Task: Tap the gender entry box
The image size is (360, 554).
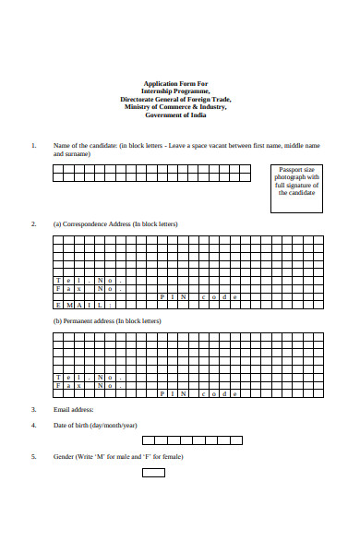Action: coord(153,473)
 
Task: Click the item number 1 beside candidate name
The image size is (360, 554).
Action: coord(33,146)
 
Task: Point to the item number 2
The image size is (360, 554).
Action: coord(33,224)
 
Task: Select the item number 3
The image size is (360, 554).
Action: coord(33,409)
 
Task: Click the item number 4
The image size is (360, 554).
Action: coord(33,426)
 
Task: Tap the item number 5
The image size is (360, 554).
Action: coord(33,457)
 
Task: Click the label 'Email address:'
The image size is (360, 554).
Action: coord(74,409)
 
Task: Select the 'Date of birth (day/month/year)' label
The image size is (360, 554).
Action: coord(95,426)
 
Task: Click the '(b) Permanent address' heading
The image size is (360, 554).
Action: coord(94,321)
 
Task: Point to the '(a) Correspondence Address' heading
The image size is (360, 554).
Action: coord(115,224)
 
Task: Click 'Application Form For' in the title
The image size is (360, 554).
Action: coord(175,83)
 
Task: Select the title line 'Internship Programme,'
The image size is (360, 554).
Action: coord(175,90)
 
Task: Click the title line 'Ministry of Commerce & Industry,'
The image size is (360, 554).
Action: coord(175,106)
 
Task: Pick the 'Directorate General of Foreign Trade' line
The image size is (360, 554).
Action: coord(175,99)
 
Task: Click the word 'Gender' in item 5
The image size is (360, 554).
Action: coord(64,457)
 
